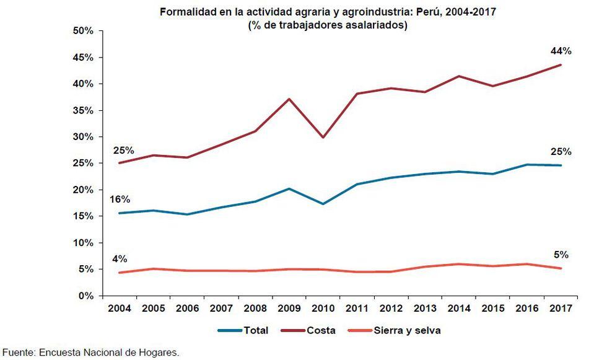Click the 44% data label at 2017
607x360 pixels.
561,51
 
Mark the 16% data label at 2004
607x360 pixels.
120,200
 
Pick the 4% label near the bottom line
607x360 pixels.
120,259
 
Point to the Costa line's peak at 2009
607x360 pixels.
289,99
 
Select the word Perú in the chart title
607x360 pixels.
411,12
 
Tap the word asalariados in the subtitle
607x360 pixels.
379,25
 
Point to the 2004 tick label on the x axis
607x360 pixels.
120,308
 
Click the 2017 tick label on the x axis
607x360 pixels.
561,308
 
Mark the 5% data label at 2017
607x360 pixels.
561,255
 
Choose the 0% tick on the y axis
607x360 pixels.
85,296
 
